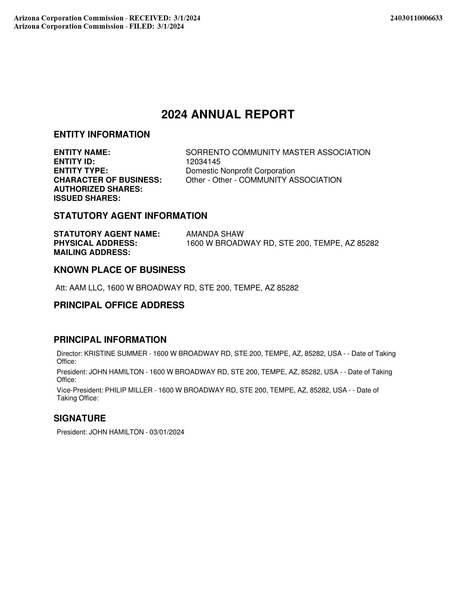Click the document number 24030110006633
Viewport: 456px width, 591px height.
[416, 18]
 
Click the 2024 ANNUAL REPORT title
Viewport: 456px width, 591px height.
[228, 115]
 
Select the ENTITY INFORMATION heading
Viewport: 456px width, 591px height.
[102, 134]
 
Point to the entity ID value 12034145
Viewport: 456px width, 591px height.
[203, 162]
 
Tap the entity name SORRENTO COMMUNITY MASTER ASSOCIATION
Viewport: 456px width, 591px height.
[278, 152]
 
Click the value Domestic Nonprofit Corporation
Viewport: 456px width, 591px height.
[240, 171]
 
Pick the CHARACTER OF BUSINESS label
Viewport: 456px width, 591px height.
[108, 180]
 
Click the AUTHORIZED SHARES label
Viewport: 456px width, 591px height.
[98, 189]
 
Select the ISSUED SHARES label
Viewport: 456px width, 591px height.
[87, 198]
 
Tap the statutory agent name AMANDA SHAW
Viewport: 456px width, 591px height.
[215, 234]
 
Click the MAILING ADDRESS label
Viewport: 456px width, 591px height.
[92, 253]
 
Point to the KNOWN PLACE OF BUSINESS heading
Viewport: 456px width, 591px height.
[119, 270]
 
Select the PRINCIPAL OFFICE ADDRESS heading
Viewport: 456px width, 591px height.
[119, 305]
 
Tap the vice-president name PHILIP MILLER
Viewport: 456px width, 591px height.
[128, 390]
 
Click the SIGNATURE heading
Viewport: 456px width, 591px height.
[80, 418]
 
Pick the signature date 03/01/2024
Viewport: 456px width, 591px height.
[167, 432]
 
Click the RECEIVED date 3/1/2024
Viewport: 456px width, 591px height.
[187, 18]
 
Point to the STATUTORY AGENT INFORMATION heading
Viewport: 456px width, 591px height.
[131, 216]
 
